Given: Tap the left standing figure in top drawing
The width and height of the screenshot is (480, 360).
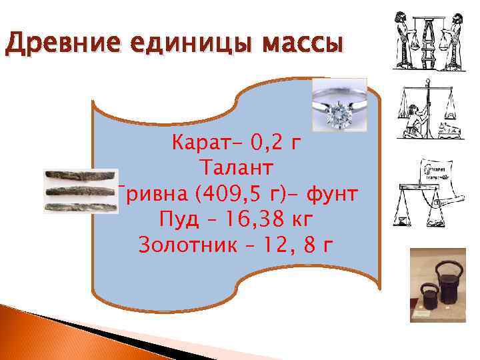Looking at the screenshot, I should tap(403, 40).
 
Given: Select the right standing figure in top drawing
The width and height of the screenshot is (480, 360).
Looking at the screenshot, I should tap(459, 40).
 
